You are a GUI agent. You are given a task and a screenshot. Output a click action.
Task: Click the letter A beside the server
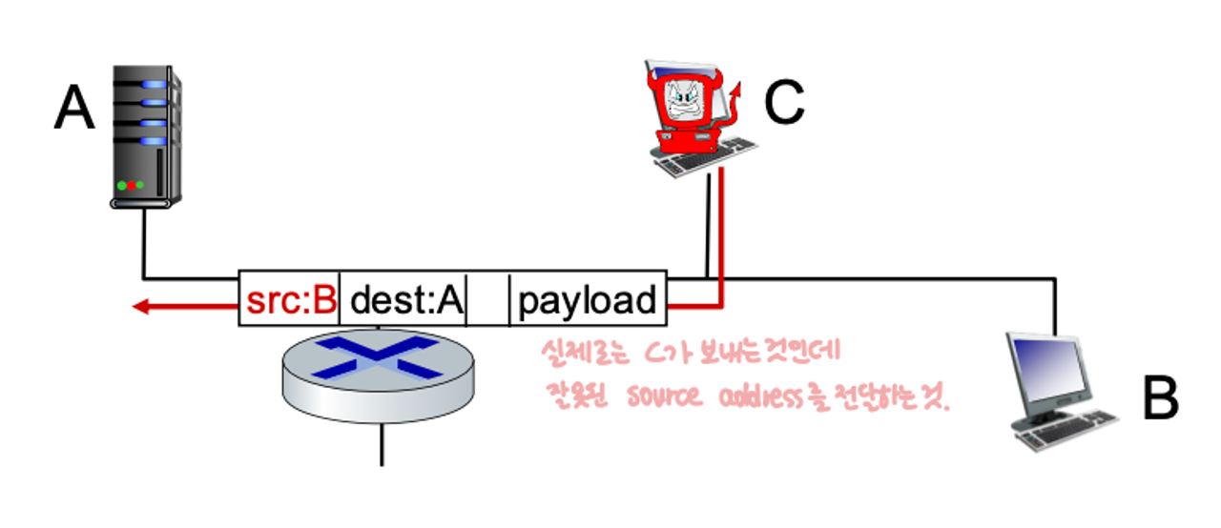click(x=74, y=109)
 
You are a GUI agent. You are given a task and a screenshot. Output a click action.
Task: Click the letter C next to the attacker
click(x=784, y=104)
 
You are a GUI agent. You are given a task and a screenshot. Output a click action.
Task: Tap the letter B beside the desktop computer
click(x=1160, y=398)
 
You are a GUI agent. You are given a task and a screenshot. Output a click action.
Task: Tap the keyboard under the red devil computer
click(x=707, y=156)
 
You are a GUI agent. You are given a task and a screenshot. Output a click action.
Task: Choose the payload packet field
click(x=588, y=301)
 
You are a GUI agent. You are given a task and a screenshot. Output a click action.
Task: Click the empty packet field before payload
click(x=488, y=301)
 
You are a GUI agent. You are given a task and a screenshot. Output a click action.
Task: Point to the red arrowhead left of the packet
click(x=141, y=307)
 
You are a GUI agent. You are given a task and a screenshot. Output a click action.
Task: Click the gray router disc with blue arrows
click(x=379, y=372)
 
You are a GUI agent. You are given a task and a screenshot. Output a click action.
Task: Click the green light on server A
click(x=139, y=185)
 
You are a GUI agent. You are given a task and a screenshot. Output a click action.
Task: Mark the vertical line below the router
click(x=382, y=443)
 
